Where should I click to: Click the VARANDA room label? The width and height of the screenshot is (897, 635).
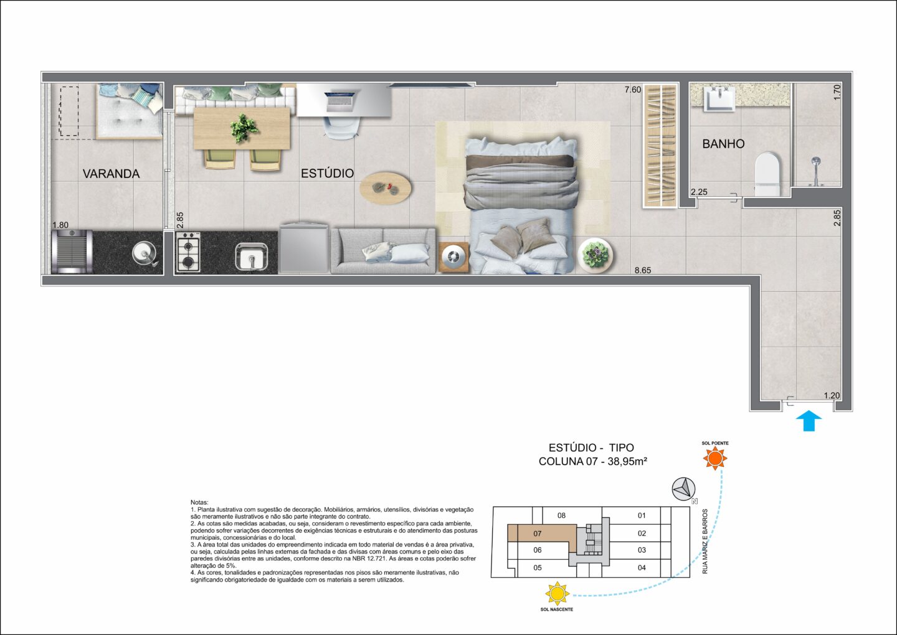(x=111, y=174)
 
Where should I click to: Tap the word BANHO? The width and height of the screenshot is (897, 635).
(x=723, y=144)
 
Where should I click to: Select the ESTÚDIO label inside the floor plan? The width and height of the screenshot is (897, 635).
(x=327, y=173)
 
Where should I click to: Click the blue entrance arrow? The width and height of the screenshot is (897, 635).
(x=809, y=421)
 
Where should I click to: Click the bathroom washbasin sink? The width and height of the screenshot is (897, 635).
(x=719, y=99)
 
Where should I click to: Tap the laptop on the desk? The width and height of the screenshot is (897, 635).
(x=339, y=101)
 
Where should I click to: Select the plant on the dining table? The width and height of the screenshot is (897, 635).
(x=244, y=128)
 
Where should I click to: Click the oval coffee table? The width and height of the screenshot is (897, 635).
(x=385, y=187)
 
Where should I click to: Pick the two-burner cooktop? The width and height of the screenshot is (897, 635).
(x=188, y=252)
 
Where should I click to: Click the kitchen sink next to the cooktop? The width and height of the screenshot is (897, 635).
(x=252, y=256)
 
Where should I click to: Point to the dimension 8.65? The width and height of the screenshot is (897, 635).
(x=643, y=270)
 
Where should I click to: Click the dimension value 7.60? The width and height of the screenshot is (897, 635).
(x=633, y=90)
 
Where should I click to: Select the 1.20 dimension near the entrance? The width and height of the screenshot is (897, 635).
(x=832, y=395)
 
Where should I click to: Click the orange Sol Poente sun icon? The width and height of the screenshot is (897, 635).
(x=715, y=458)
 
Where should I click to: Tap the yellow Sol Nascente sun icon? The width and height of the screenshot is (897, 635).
(x=557, y=594)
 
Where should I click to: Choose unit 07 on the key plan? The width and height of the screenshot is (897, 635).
(x=538, y=534)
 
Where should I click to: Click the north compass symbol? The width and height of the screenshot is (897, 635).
(x=683, y=489)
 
